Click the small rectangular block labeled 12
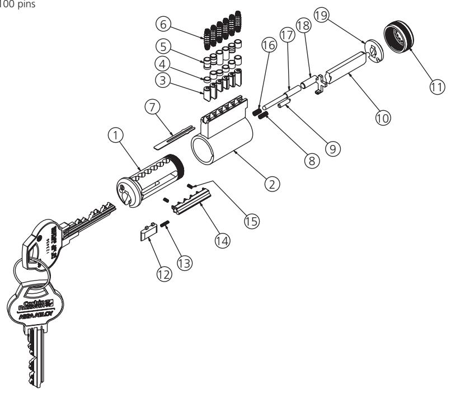coord(147,232)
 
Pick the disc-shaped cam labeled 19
coord(370,51)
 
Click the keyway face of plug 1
coord(129,193)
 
